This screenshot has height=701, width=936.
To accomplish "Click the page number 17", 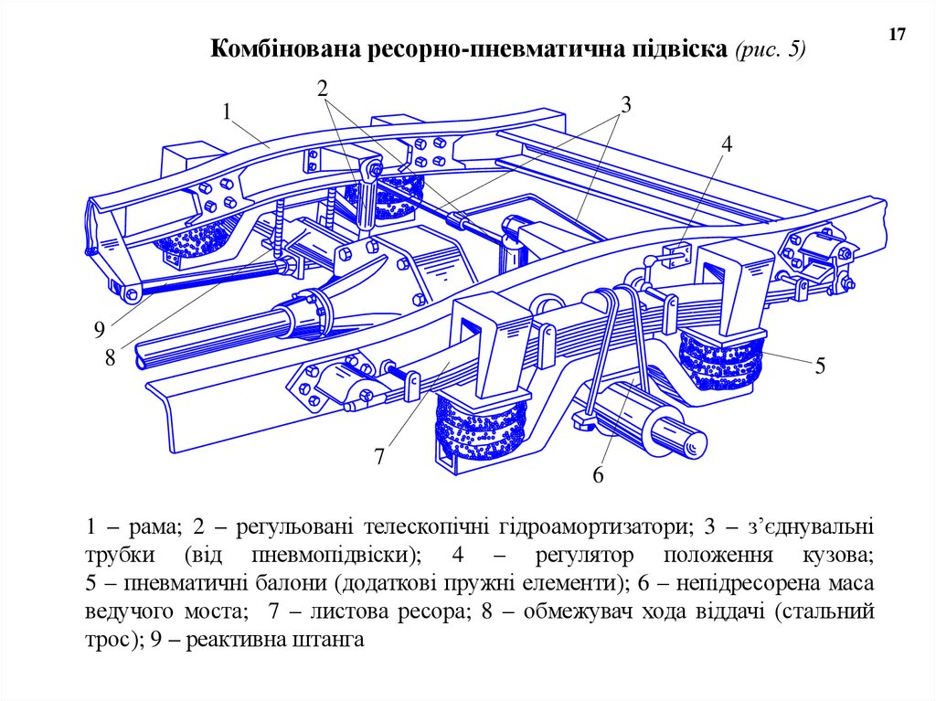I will coord(896,35).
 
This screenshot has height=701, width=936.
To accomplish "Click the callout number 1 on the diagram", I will coord(226,112).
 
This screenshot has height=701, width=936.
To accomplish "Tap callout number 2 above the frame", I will coord(322,88).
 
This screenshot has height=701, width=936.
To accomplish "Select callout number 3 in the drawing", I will coord(626,105).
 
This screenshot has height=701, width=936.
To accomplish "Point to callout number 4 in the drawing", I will coord(727,144).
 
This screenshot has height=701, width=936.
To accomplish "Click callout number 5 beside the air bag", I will coord(820,366).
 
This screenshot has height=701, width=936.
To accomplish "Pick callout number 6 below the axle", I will coord(599,474).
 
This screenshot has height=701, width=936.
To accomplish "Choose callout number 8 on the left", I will coord(110,357).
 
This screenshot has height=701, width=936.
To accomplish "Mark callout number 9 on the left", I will coord(99,329).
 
